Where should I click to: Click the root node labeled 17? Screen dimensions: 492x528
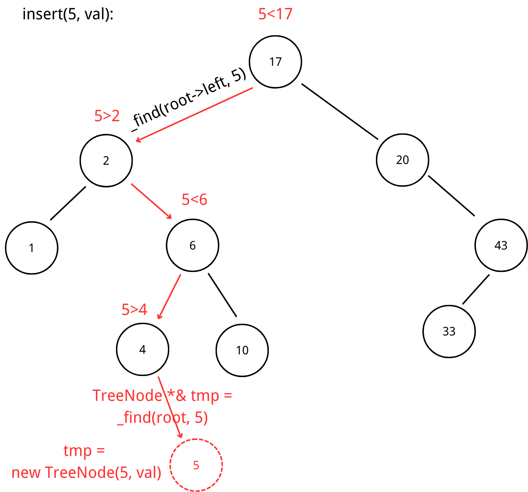coord(275,62)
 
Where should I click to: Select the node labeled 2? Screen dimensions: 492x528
coord(106,160)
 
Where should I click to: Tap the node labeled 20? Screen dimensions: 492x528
coord(402,160)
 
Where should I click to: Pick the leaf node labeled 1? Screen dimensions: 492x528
coord(32,248)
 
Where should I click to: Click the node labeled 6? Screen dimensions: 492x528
coord(192,245)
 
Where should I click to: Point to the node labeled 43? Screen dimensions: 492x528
coord(501,245)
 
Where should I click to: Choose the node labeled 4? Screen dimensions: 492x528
coord(142,350)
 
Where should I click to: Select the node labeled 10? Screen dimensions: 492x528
coord(242,350)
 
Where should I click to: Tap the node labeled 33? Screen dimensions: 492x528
coord(449,331)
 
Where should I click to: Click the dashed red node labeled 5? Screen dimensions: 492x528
coord(196,465)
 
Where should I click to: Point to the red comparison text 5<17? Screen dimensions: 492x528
coord(275,14)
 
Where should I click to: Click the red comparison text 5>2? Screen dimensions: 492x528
coord(107,116)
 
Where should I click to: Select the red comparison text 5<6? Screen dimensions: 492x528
coord(194,200)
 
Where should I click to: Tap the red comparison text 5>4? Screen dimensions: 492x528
coord(134,309)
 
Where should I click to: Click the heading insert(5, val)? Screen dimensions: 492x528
coord(68,14)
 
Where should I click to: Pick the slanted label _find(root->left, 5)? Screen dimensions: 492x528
coord(189,100)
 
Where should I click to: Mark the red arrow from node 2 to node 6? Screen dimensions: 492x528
coord(151,201)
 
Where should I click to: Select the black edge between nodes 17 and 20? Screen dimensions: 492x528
coord(339,112)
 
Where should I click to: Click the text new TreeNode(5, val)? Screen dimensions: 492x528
coord(86,472)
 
